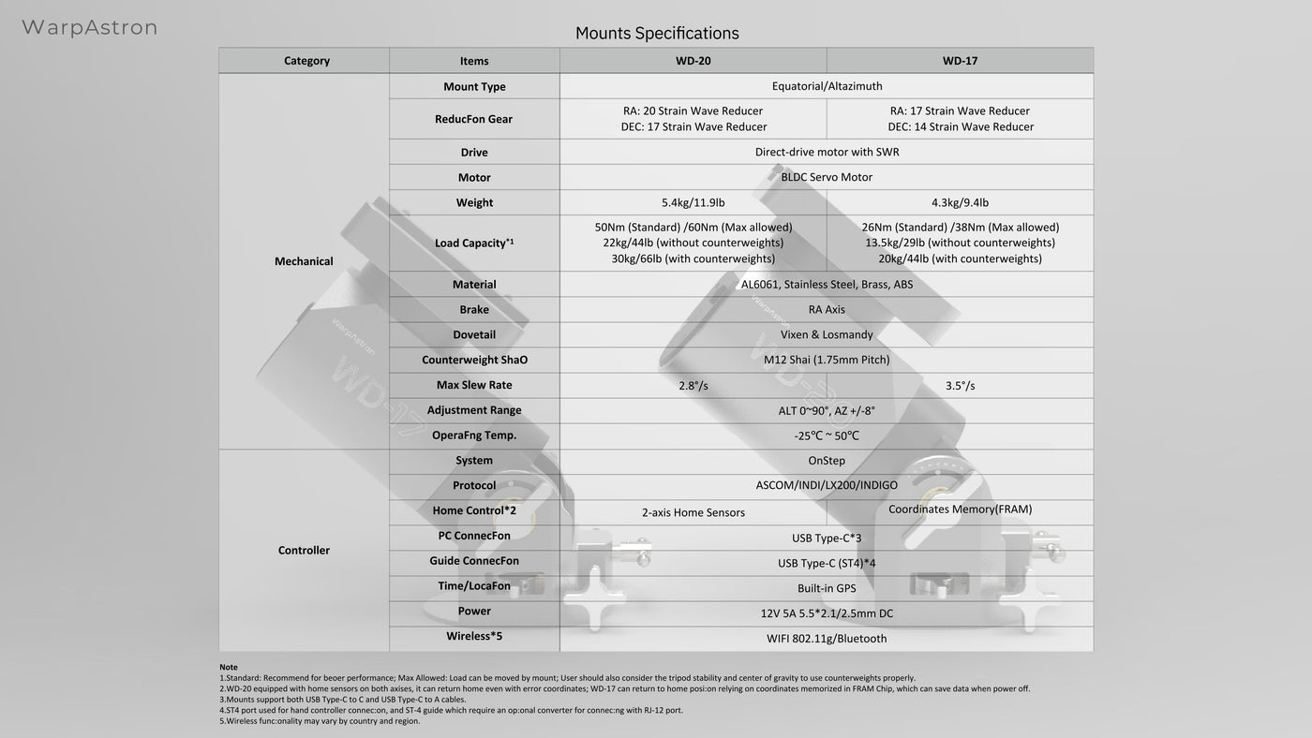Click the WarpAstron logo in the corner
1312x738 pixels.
[89, 28]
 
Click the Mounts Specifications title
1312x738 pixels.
[657, 34]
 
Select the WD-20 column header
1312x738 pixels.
[693, 61]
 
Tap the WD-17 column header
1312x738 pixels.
[960, 61]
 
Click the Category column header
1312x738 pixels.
[306, 61]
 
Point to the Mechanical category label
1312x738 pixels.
[304, 261]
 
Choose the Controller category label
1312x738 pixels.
[304, 551]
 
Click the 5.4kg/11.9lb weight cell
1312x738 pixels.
[693, 202]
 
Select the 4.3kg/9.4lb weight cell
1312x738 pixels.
[960, 202]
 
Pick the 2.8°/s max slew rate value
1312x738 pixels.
[693, 386]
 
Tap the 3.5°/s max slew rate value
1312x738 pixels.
[960, 386]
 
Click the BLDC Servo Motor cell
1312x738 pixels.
[827, 177]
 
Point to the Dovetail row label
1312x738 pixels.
[474, 334]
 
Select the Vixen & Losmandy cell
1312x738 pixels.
[827, 334]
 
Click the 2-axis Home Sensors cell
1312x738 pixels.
[693, 512]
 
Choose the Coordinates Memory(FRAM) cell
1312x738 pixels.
[960, 509]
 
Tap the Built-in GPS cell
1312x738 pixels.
[827, 588]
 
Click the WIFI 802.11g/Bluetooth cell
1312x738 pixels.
[827, 639]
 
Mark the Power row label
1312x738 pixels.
[474, 612]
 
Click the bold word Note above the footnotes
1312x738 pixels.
[229, 667]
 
